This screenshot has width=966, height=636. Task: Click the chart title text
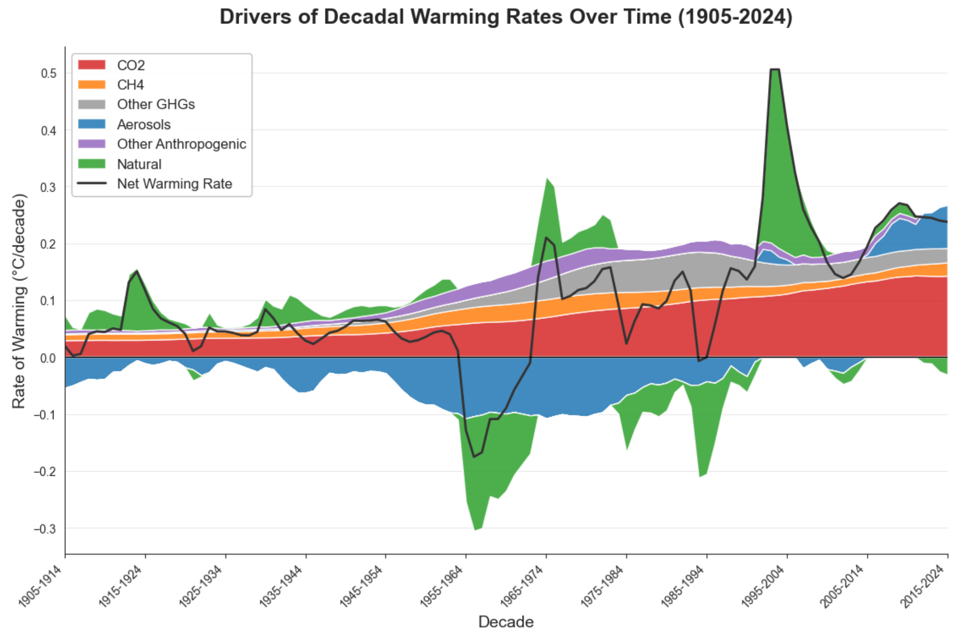(x=506, y=17)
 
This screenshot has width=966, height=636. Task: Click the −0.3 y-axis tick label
(x=45, y=529)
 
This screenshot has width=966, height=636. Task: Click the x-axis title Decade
(x=506, y=622)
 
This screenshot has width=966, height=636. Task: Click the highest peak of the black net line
(x=775, y=70)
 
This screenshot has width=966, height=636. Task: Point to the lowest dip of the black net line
(x=474, y=457)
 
